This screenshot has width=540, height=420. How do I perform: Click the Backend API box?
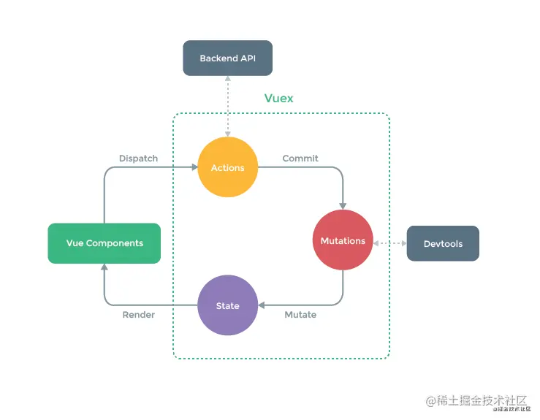point(227,58)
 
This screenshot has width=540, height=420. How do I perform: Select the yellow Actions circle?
point(227,168)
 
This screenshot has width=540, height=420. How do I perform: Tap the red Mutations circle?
point(343,241)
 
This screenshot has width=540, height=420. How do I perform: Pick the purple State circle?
point(227,305)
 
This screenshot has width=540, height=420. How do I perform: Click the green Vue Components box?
point(104,243)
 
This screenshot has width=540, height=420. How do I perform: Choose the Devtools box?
point(443,243)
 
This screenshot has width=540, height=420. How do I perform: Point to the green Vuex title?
point(278,98)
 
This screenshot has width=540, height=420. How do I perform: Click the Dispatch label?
point(138,158)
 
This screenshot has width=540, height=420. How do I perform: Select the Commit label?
point(300,158)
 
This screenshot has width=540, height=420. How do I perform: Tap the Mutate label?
point(300,315)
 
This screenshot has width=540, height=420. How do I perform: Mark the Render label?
point(138,315)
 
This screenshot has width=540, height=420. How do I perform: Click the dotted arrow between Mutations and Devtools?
point(389,242)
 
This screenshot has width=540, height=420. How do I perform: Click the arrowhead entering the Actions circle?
point(194,168)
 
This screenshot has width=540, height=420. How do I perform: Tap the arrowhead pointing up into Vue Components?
point(104,268)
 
